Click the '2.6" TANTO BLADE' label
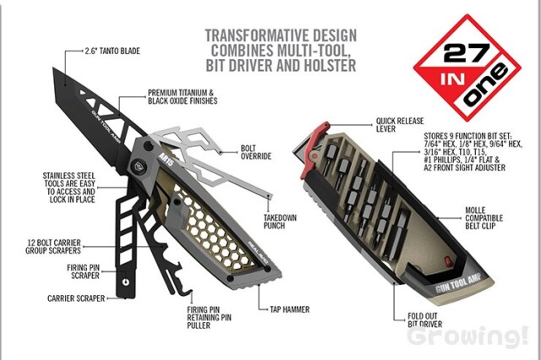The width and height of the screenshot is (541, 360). click(112, 51)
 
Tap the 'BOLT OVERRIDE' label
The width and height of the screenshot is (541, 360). click(256, 152)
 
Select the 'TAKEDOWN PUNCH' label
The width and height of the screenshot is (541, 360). click(280, 221)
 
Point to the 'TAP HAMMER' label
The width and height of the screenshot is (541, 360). click(289, 309)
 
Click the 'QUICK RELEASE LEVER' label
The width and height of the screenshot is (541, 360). click(400, 125)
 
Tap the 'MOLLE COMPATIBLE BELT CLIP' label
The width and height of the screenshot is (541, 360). click(484, 218)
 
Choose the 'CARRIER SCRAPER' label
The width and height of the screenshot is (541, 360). click(76, 298)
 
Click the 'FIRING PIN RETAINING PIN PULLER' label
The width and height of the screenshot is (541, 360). click(209, 318)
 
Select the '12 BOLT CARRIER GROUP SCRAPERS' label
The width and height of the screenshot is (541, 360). click(53, 247)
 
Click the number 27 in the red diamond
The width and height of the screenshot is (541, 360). click(466, 52)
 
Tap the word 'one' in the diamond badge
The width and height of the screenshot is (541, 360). click(485, 85)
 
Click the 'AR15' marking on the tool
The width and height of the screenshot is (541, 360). click(167, 159)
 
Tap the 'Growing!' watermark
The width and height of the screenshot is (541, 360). click(467, 335)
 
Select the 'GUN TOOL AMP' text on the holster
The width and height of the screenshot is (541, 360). click(458, 282)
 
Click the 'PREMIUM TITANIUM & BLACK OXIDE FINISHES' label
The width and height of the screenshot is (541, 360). click(183, 97)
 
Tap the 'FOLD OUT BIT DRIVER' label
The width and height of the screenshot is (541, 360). click(424, 320)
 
